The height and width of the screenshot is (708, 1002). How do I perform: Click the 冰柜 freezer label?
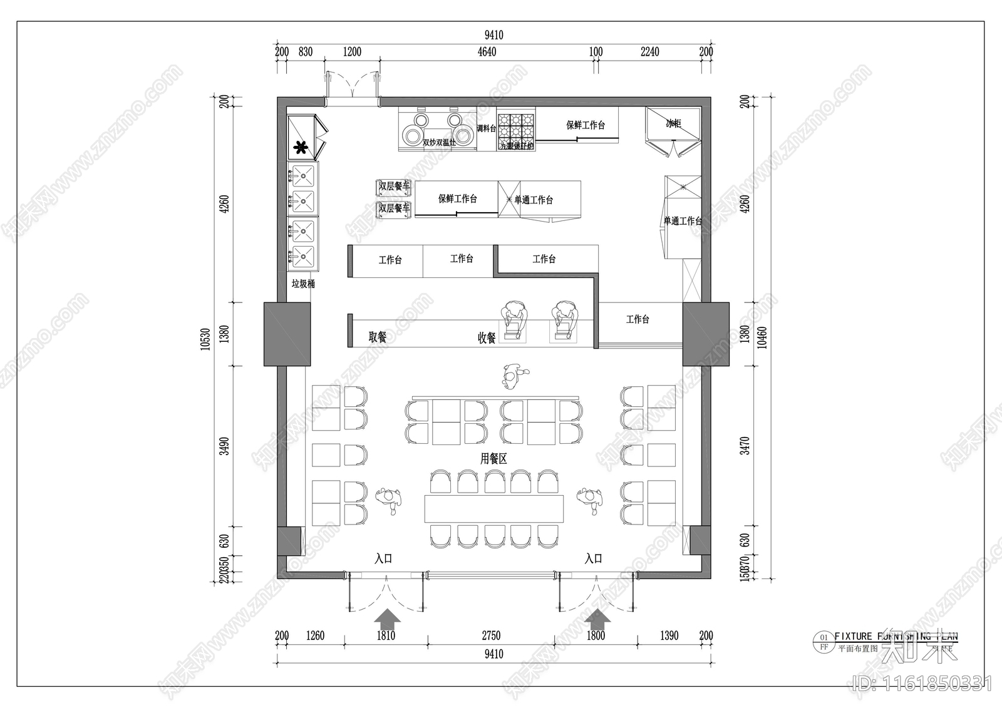[x=673, y=124]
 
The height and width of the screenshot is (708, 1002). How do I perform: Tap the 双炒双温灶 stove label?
[x=438, y=143]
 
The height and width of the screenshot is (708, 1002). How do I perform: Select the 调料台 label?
[x=486, y=128]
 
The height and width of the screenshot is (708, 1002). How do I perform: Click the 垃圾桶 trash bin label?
[x=303, y=284]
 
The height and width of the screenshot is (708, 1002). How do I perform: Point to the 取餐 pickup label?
[x=377, y=337]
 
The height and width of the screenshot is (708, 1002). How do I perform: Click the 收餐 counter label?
[x=487, y=338]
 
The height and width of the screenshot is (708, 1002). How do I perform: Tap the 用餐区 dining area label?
[x=493, y=459]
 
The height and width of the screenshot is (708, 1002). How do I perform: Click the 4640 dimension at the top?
[x=487, y=52]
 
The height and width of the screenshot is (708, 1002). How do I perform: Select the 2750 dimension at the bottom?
[x=491, y=635]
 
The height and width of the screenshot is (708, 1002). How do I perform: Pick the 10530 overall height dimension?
[x=205, y=339]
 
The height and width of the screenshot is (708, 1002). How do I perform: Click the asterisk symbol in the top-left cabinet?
[x=301, y=148]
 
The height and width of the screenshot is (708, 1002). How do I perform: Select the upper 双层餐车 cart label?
[x=394, y=186]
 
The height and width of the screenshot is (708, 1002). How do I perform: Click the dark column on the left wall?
[x=287, y=334]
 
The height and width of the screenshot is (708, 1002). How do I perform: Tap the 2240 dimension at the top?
[x=649, y=52]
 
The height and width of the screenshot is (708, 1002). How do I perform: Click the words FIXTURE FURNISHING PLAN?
[x=896, y=637]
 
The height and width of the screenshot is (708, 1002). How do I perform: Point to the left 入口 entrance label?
[x=383, y=558]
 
